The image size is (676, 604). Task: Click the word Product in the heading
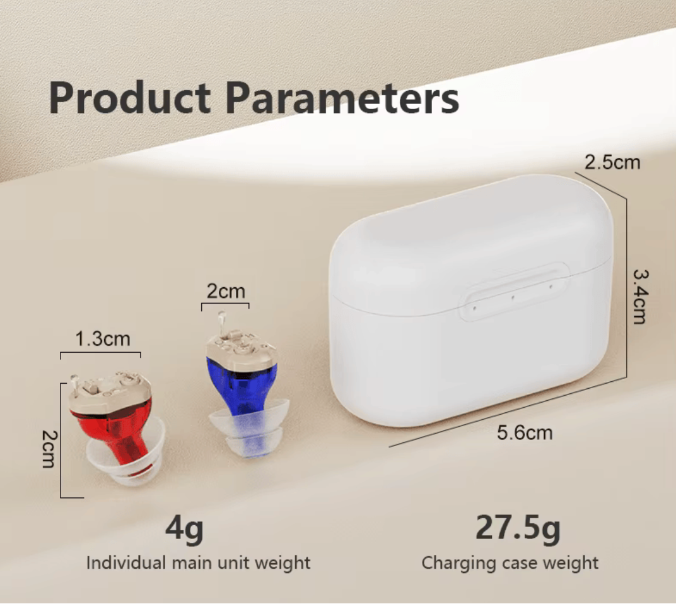130,97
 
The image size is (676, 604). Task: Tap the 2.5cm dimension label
612,163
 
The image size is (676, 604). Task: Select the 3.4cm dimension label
640,297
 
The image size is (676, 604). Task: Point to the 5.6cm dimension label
525,433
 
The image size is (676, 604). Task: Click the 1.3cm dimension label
103,339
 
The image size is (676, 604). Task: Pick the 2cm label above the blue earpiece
226,291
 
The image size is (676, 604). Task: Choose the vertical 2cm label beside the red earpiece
49,449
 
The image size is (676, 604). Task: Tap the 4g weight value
185,529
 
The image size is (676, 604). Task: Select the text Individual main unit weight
198,563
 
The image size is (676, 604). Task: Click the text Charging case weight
510,563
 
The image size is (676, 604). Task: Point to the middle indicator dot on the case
513,297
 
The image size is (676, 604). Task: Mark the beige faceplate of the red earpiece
110,393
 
